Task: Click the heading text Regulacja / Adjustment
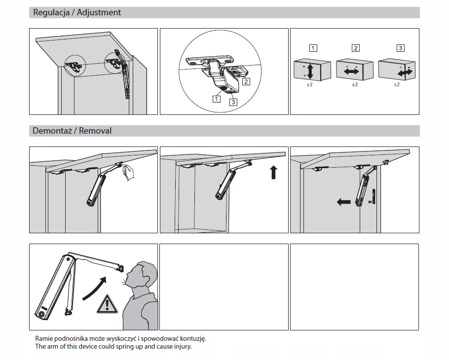pos(77,12)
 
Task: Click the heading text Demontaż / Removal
pos(72,131)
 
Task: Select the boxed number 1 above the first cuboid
pos(313,48)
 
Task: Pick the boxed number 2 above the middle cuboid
pos(355,48)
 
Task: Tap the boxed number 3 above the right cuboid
pos(401,48)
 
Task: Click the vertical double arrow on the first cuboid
pos(310,71)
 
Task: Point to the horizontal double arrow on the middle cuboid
pos(351,72)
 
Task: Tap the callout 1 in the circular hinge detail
pos(216,98)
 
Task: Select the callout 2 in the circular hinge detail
pos(246,81)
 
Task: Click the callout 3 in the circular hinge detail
pos(233,102)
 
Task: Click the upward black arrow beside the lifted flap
pos(274,173)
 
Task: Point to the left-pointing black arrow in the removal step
pos(343,202)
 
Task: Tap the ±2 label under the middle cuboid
pos(355,85)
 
